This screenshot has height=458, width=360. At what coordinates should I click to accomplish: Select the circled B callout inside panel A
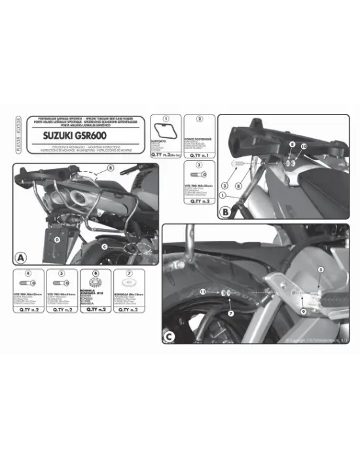tap(111, 168)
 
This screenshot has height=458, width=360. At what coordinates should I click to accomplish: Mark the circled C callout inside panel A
tap(104, 246)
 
